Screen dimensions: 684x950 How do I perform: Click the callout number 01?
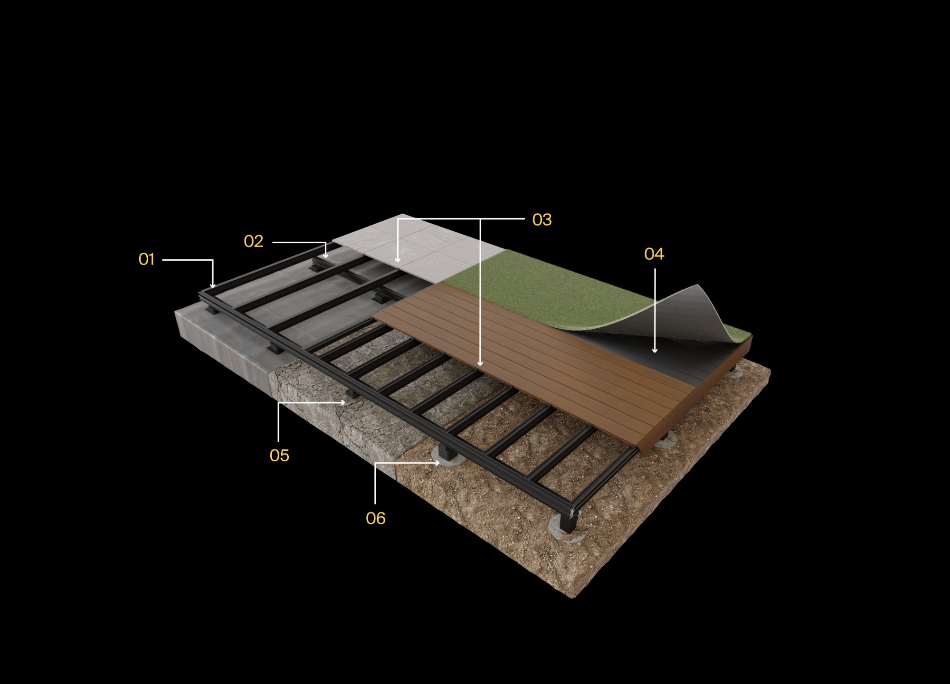[x=147, y=259]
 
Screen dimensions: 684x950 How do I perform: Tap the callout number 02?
[x=253, y=241]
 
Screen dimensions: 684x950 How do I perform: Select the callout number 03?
[x=541, y=219]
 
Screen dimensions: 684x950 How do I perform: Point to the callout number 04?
[x=654, y=254]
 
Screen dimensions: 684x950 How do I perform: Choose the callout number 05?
[x=279, y=456]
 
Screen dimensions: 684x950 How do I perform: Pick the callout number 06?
[x=375, y=518]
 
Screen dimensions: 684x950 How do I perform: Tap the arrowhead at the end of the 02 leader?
[x=325, y=256]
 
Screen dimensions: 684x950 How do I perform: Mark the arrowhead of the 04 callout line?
[x=655, y=351]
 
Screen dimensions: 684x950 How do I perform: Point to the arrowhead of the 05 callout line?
[x=343, y=403]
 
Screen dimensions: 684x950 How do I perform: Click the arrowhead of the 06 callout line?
[x=437, y=462]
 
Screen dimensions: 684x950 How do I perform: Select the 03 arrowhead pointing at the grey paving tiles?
[x=398, y=260]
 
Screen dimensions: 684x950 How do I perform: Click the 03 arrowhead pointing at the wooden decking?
[x=480, y=363]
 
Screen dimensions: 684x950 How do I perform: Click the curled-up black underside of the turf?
[x=684, y=313]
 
